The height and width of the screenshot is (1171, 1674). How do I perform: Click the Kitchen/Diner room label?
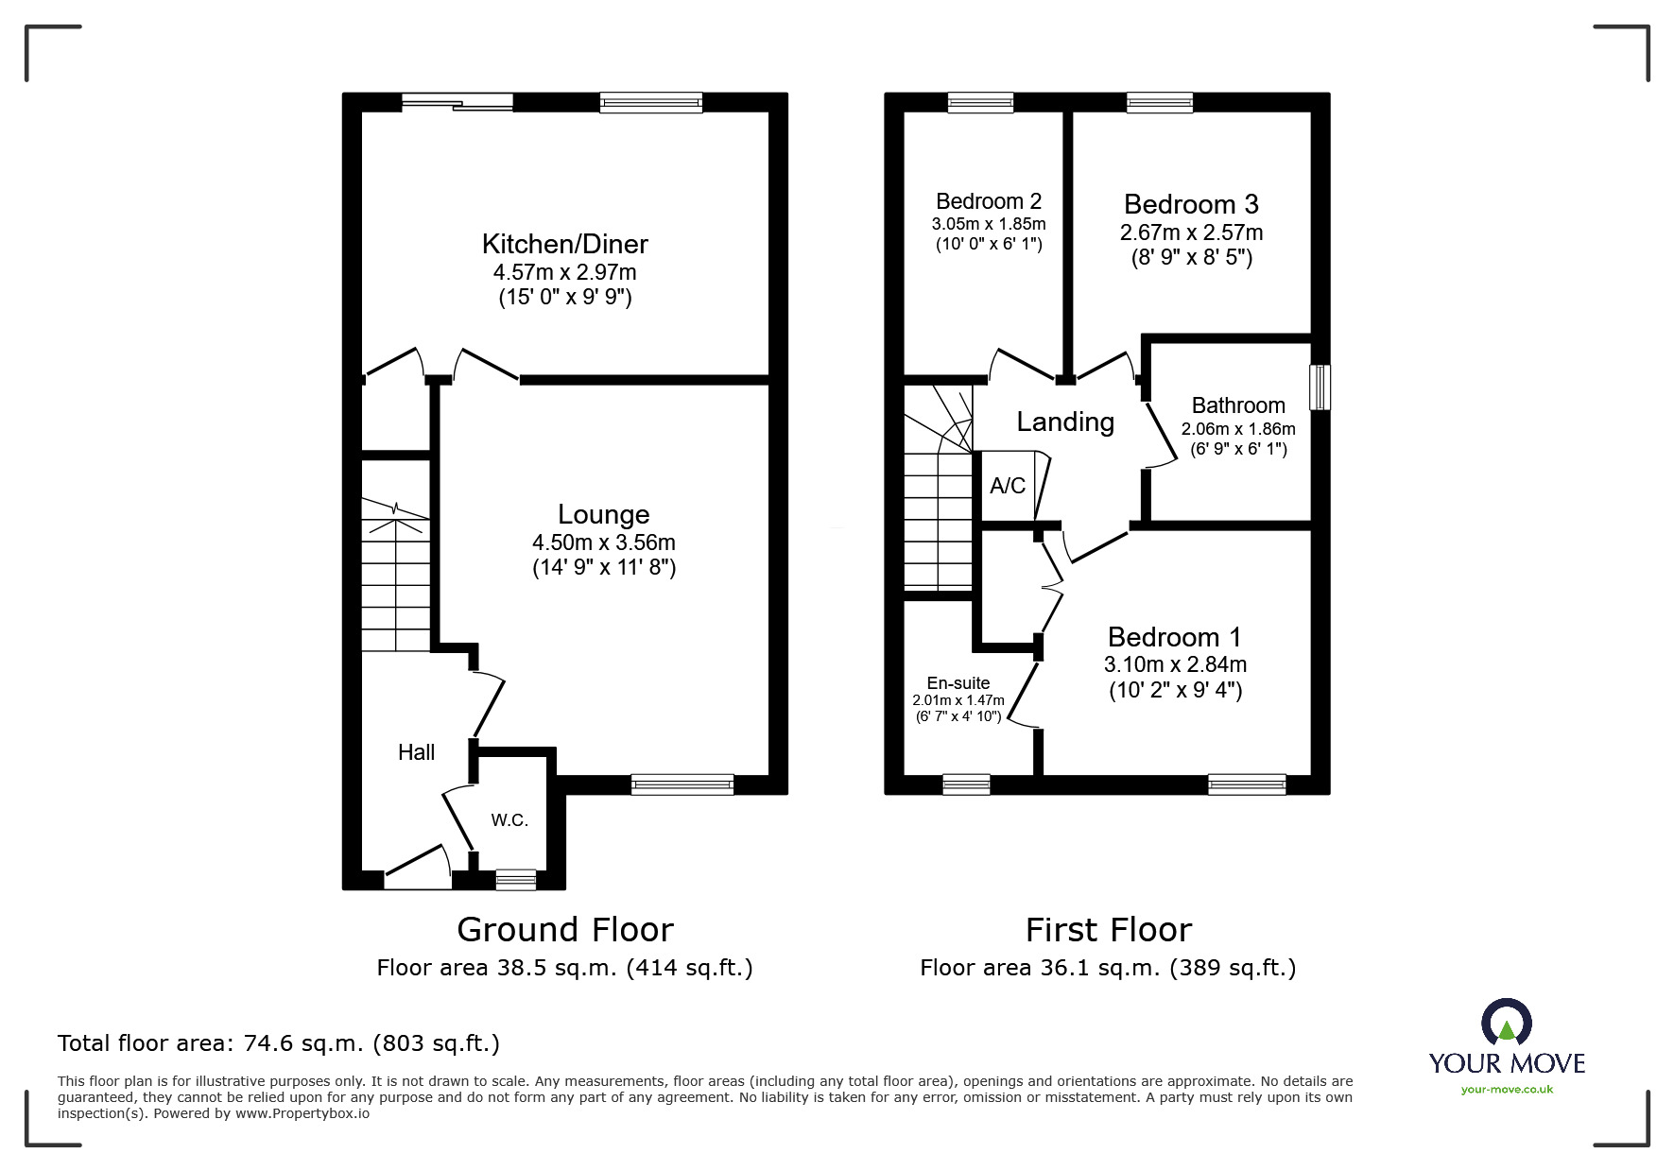[x=564, y=244]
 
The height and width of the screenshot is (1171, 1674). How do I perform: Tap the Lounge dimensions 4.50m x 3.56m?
[x=603, y=542]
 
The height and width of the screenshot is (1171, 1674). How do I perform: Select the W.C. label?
[x=509, y=820]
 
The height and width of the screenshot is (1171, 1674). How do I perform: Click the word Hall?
[x=416, y=752]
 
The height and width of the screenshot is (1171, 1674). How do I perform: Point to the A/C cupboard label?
[x=1007, y=486]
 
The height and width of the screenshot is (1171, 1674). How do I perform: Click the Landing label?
[x=1065, y=422]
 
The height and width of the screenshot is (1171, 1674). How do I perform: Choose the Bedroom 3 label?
[x=1191, y=204]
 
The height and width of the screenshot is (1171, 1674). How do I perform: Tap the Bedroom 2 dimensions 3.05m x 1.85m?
[x=988, y=225]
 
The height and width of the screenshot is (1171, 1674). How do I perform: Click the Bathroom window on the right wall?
[x=1320, y=387]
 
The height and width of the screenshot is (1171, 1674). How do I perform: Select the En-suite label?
[x=958, y=682]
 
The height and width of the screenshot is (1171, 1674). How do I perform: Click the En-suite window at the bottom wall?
[x=966, y=784]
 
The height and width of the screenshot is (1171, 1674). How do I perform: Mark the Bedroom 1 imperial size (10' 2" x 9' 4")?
[x=1175, y=690]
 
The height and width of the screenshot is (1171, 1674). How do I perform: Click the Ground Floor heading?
[x=564, y=930]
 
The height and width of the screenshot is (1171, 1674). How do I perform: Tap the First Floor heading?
[x=1108, y=930]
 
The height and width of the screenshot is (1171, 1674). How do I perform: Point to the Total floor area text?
[x=278, y=1043]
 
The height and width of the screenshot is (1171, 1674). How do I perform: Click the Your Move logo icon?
[x=1506, y=1025]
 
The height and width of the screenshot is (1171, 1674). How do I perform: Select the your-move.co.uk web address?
[x=1507, y=1090]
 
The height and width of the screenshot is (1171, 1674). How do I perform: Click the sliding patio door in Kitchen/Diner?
[x=457, y=102]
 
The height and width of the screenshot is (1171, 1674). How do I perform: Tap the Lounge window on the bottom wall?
[x=682, y=784]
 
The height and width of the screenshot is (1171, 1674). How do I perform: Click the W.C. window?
[x=515, y=880]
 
